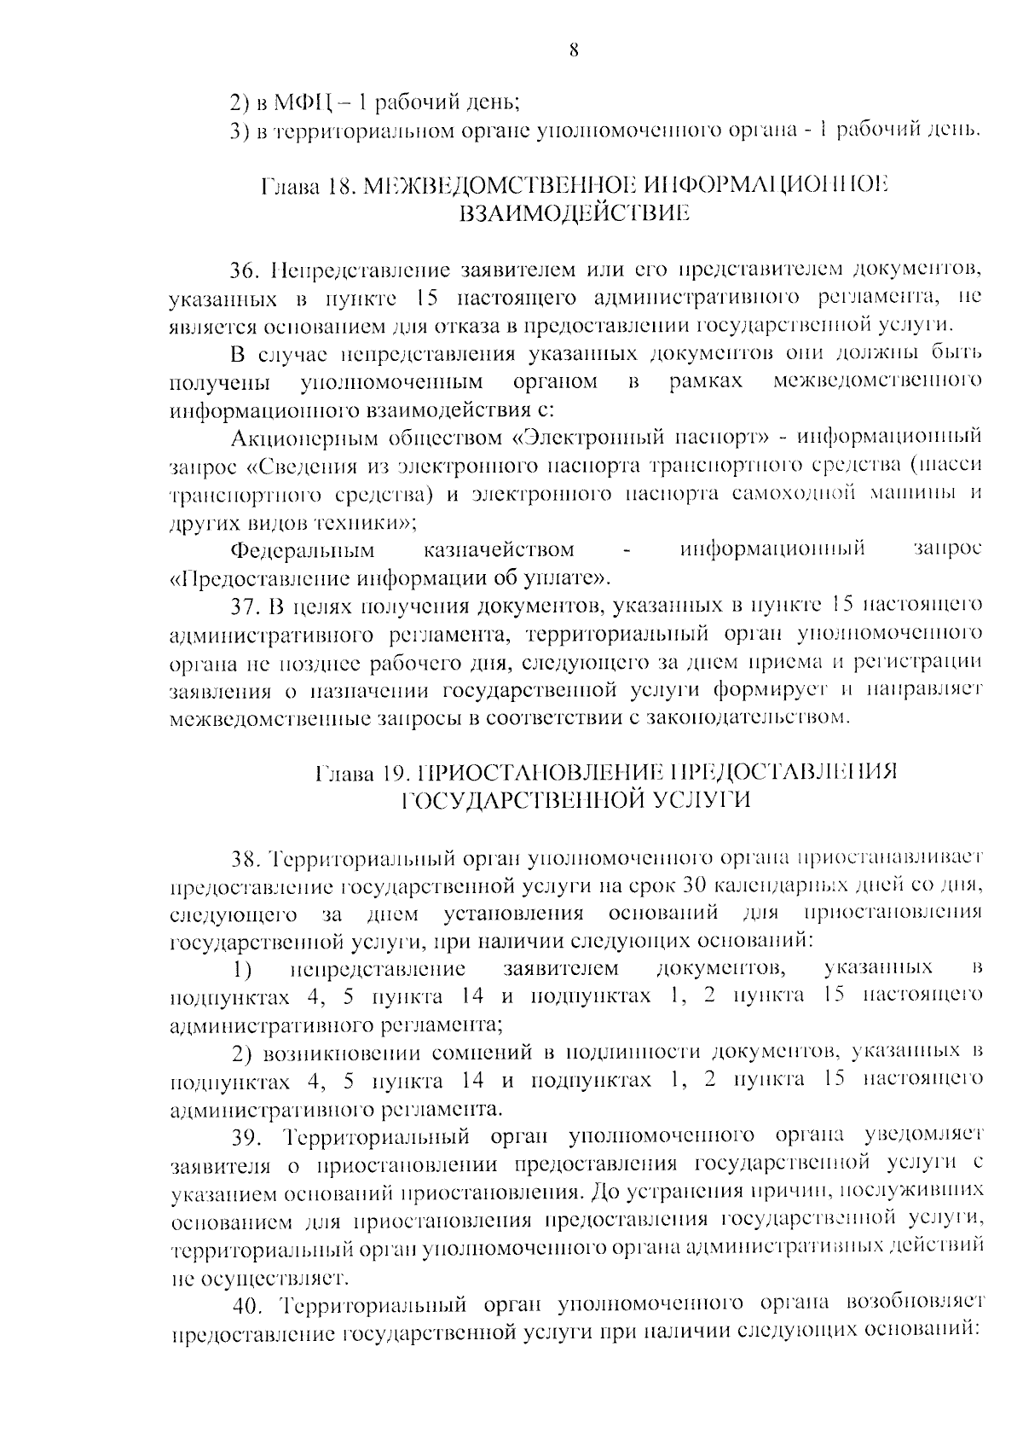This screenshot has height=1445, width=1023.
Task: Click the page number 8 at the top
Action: pos(573,51)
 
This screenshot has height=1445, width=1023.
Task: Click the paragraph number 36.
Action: pos(246,271)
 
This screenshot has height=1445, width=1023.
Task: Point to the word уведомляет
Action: pos(924,1136)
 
